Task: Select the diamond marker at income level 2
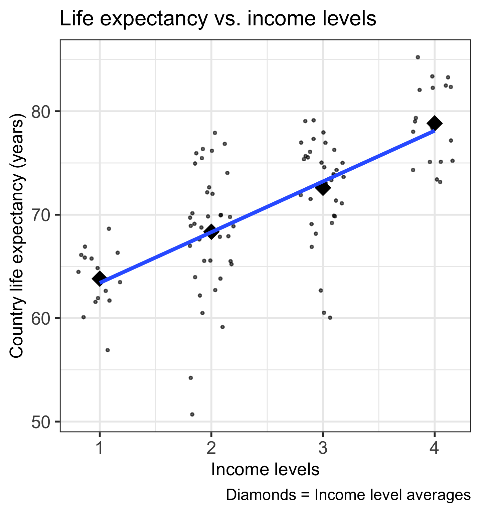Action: pos(211,231)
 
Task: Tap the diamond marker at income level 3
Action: pos(323,188)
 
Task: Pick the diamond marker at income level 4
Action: pos(434,123)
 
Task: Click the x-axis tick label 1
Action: pos(99,449)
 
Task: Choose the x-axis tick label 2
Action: pos(211,449)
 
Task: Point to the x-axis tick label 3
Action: pos(323,449)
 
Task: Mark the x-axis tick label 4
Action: pos(434,449)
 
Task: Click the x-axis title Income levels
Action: pos(265,470)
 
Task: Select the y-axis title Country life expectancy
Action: pos(17,236)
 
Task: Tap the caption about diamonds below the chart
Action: pos(348,495)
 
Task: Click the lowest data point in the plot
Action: pos(192,414)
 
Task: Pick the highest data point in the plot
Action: pos(418,57)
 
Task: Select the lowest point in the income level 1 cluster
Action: pos(108,350)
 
